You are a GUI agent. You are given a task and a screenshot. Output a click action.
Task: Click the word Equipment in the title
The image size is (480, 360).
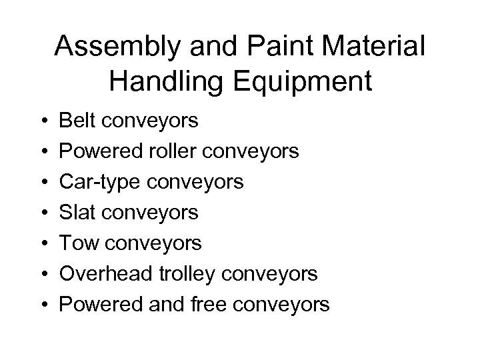[303, 82]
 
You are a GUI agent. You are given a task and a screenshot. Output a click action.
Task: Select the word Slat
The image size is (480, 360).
[79, 213]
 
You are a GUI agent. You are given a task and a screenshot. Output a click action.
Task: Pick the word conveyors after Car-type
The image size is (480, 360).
[200, 182]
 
